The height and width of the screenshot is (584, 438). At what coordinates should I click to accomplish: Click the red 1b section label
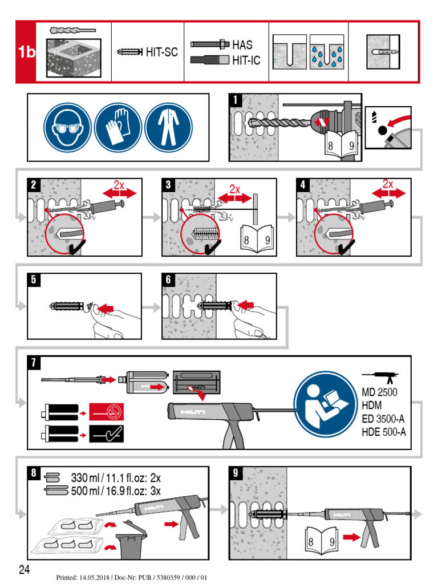(x=26, y=52)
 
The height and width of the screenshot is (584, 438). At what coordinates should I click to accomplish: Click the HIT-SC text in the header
(x=161, y=52)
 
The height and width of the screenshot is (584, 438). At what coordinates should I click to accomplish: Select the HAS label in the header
(x=242, y=44)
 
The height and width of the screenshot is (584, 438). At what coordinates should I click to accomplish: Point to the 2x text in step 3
(x=235, y=189)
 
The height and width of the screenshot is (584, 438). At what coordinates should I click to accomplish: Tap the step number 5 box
(x=34, y=279)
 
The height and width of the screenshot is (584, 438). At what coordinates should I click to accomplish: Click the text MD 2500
(x=379, y=392)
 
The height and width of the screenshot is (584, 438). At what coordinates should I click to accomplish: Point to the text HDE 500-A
(x=383, y=432)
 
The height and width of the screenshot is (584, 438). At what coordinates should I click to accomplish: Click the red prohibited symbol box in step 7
(x=107, y=411)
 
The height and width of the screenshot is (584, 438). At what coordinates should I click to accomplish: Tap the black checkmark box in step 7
(x=107, y=436)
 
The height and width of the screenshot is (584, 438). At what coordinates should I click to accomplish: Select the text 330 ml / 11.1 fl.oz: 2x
(x=116, y=478)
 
